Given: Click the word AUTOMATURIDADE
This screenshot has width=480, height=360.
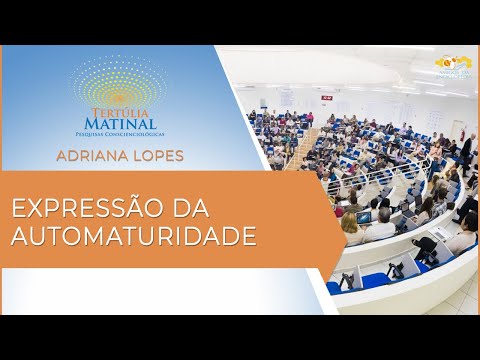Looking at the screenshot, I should tap(132, 237).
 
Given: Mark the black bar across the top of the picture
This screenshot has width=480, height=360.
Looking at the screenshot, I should tap(240, 22).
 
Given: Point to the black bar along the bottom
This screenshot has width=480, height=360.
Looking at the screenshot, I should tap(240, 337).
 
